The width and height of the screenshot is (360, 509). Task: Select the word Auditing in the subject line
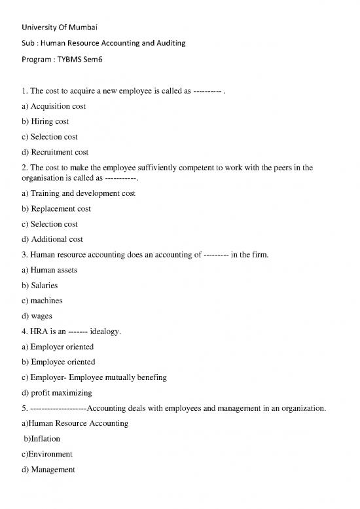click(x=168, y=43)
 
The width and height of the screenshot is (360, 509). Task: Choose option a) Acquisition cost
click(x=54, y=106)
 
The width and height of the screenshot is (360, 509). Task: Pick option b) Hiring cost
click(x=45, y=121)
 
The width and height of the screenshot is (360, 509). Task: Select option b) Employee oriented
click(x=58, y=362)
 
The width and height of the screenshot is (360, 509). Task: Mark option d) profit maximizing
click(x=57, y=393)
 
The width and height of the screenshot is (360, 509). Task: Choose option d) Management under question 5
click(x=48, y=470)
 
